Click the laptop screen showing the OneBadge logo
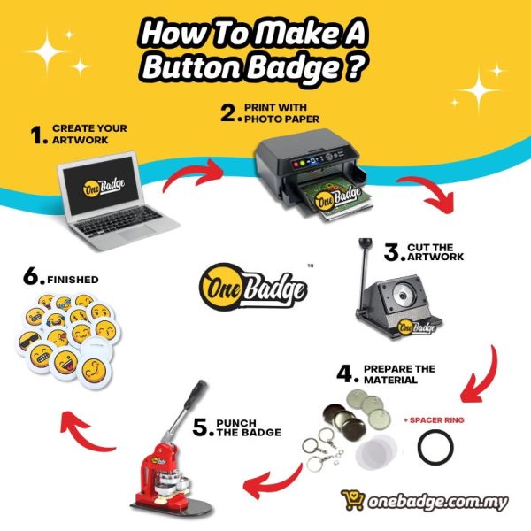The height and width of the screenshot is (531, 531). click(x=101, y=185)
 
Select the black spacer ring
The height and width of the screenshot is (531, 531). click(x=435, y=446)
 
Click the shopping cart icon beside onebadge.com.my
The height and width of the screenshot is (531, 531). click(x=352, y=500)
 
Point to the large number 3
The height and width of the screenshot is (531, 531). click(x=392, y=252)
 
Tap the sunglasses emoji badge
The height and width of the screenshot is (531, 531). click(x=29, y=342)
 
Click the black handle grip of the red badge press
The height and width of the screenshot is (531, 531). click(x=195, y=394)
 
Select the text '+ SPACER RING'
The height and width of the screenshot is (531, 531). click(x=434, y=420)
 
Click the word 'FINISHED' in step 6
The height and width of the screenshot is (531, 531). click(x=73, y=280)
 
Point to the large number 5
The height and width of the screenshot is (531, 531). click(x=201, y=427)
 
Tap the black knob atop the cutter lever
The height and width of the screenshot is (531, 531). click(x=366, y=242)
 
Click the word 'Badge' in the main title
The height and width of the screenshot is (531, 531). click(x=294, y=67)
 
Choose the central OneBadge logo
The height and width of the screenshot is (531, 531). click(x=253, y=287)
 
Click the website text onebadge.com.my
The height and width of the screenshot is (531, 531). click(x=438, y=501)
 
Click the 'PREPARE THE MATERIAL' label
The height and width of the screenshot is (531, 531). click(x=399, y=374)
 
